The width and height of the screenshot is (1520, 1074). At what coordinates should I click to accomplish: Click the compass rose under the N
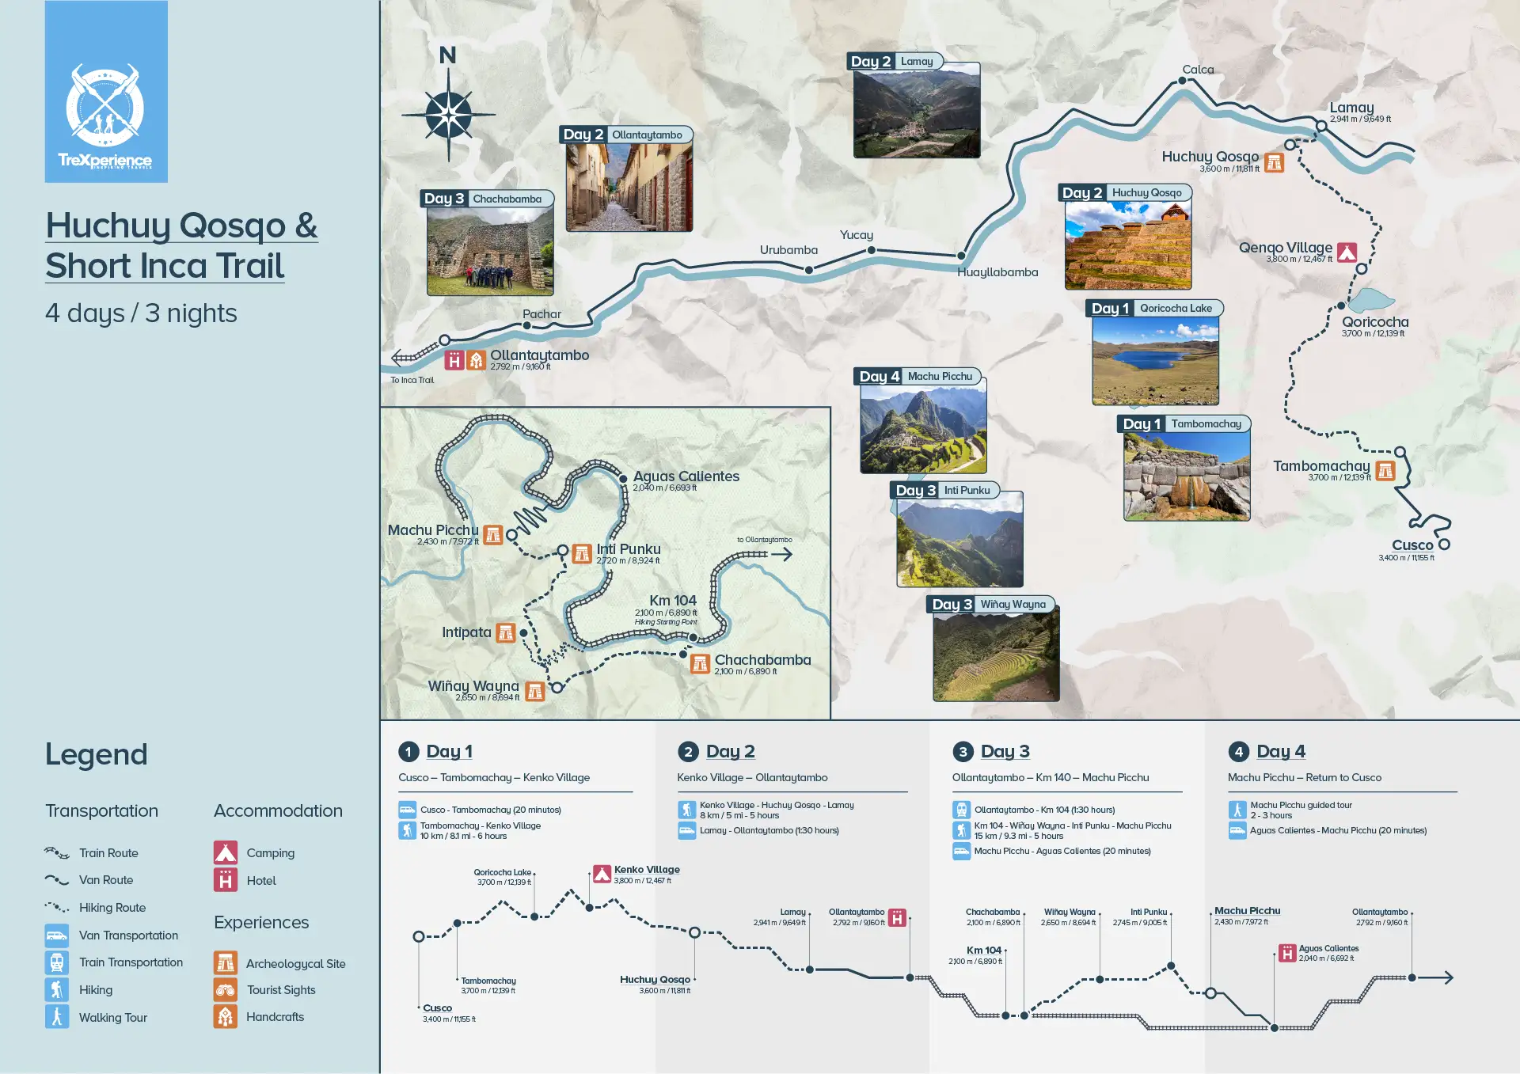click(x=448, y=115)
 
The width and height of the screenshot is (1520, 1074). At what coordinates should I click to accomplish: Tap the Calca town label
click(x=1198, y=70)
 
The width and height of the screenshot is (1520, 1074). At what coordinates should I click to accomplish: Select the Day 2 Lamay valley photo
click(x=916, y=111)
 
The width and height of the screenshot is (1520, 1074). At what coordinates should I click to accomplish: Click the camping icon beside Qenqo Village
click(x=1347, y=252)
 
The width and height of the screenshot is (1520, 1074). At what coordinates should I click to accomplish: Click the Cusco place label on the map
click(x=1412, y=545)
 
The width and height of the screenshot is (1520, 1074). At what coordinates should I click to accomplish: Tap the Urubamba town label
click(x=788, y=250)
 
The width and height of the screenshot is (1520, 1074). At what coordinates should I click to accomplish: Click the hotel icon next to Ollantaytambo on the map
click(x=454, y=361)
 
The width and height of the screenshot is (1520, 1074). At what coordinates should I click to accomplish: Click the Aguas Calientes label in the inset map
click(x=686, y=476)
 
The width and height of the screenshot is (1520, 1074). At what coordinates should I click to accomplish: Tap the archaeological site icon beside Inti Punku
click(x=582, y=553)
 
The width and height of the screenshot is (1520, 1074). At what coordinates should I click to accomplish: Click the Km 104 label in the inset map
click(x=673, y=601)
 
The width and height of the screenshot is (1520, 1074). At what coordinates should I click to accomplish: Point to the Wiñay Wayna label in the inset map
click(x=473, y=686)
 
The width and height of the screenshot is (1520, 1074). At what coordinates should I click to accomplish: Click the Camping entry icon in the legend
click(x=226, y=852)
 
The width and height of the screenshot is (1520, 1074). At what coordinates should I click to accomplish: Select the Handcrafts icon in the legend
click(x=226, y=1016)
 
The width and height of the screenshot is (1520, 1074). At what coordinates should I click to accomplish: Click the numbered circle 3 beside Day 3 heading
click(x=963, y=752)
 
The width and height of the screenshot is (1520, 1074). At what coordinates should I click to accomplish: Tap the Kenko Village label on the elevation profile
click(x=647, y=870)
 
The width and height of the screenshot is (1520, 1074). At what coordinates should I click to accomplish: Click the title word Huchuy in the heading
click(x=106, y=226)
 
